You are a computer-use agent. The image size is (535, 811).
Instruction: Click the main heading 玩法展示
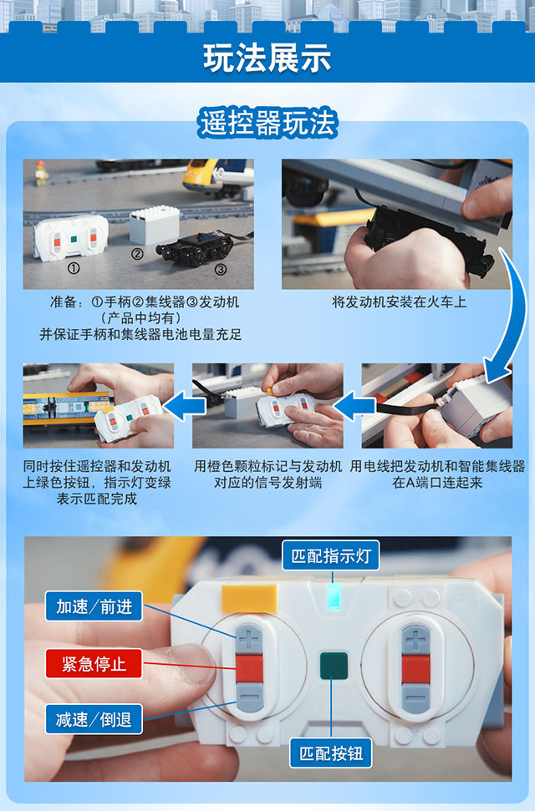tap(267, 58)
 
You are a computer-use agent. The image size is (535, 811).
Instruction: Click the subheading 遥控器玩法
tap(267, 124)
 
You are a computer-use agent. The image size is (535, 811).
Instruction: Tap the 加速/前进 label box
tap(94, 606)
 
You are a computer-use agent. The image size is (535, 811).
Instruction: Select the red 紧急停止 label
tap(94, 663)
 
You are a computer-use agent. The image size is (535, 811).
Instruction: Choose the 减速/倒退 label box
tap(94, 719)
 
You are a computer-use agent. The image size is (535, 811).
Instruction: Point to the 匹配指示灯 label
tap(331, 556)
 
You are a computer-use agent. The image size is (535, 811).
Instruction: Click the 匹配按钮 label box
tap(331, 753)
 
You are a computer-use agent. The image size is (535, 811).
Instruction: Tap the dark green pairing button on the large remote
tap(334, 665)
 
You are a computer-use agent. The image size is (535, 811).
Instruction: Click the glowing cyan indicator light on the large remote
tap(333, 596)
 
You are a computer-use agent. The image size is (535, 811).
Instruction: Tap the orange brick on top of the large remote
tap(249, 598)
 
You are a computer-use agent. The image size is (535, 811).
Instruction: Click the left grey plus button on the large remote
tap(249, 639)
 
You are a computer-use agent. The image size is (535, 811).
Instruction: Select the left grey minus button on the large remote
tap(250, 697)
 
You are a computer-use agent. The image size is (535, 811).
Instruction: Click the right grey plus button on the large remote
tap(416, 639)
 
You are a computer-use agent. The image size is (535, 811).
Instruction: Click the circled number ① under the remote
tap(74, 268)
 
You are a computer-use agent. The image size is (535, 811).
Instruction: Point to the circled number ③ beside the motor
tap(222, 269)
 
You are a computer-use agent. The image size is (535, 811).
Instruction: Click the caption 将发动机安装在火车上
tap(399, 302)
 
